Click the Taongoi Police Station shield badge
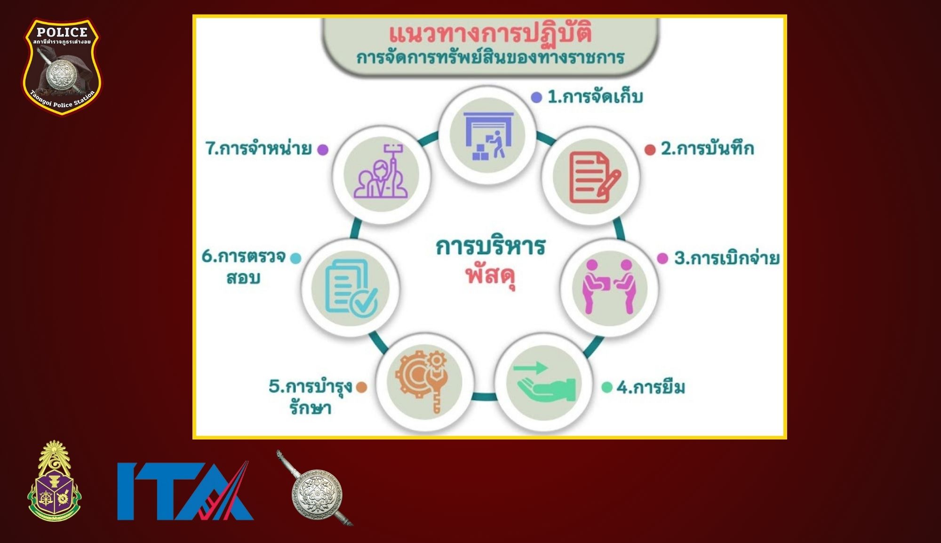click(62, 66)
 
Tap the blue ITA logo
click(185, 491)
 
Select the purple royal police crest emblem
click(54, 481)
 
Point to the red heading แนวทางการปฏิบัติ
click(490, 34)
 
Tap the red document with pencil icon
click(595, 178)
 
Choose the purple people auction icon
click(381, 172)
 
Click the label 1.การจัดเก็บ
click(595, 97)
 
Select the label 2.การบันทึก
click(708, 149)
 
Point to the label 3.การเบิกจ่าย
click(727, 258)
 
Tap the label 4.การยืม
click(651, 388)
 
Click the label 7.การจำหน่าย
click(259, 149)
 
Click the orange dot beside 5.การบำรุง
click(361, 387)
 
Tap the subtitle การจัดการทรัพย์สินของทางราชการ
click(490, 58)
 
